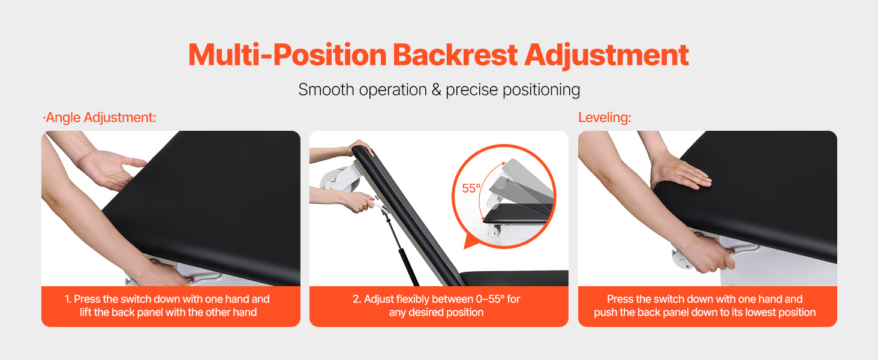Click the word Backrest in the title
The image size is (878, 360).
[x=455, y=55]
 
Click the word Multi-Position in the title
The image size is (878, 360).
[x=288, y=55]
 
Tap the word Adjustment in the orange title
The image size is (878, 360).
[x=606, y=56]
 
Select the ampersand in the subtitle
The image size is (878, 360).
[x=436, y=90]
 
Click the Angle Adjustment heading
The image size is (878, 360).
[x=100, y=118]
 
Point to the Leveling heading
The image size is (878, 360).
[x=605, y=118]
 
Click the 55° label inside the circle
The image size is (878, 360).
[x=471, y=188]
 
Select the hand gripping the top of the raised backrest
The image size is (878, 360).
[x=359, y=148]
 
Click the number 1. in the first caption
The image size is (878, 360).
[x=68, y=299]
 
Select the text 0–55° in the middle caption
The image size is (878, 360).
[x=490, y=299]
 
